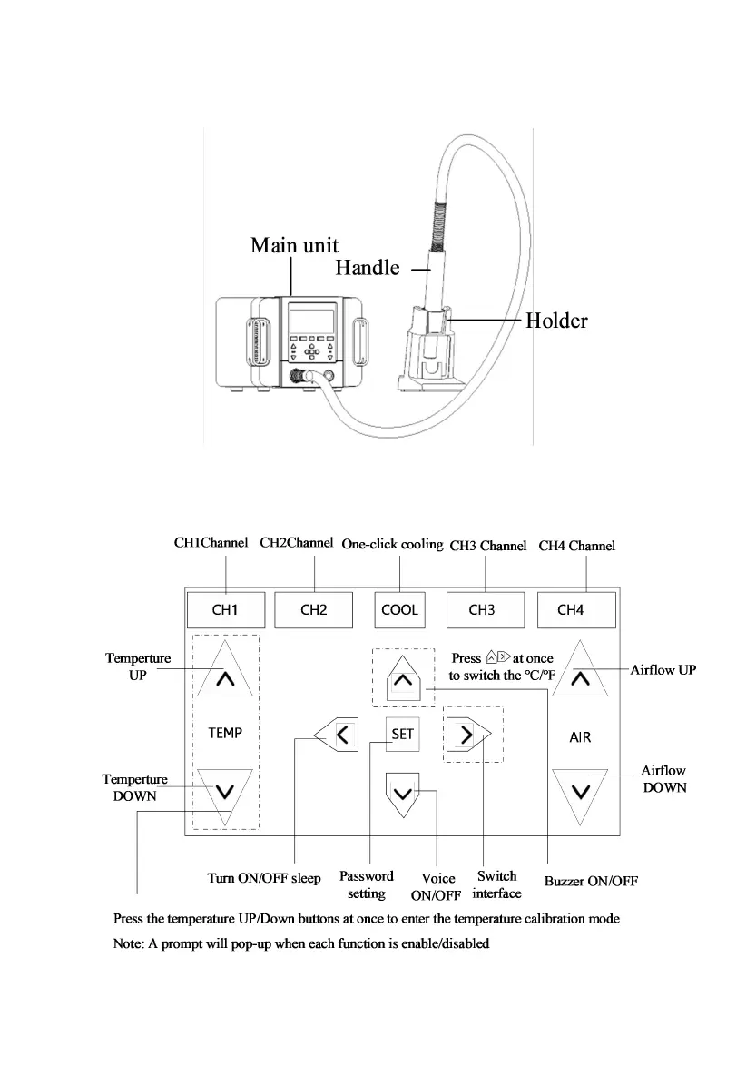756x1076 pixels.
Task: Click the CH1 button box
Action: coord(225,609)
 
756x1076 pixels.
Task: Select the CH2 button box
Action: coord(313,609)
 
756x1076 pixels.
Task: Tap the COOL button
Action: coord(399,609)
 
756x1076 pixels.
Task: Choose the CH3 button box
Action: coord(485,609)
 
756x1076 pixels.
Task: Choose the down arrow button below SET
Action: coord(402,791)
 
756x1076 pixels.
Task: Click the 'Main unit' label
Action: coord(294,245)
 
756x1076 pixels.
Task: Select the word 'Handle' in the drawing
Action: coord(367,268)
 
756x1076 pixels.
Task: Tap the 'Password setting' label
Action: coord(367,884)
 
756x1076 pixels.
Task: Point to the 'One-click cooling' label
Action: coord(392,545)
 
